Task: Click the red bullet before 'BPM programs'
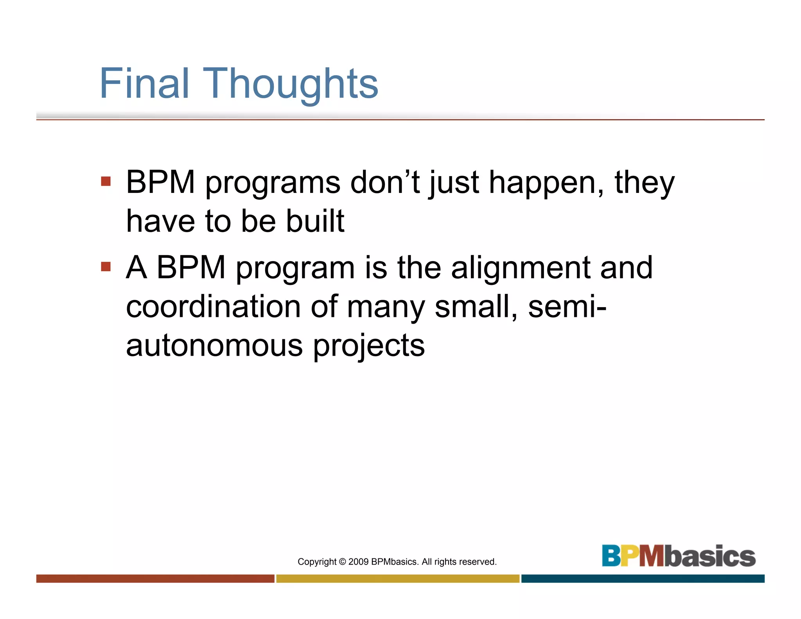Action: (x=106, y=181)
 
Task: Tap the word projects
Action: (x=369, y=346)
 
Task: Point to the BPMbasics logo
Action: (x=678, y=556)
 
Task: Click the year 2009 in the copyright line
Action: (x=358, y=562)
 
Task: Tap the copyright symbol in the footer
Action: (x=342, y=562)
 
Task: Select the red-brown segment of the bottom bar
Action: (x=155, y=578)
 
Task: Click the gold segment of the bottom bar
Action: (x=398, y=578)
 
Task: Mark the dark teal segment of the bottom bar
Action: (x=643, y=578)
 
